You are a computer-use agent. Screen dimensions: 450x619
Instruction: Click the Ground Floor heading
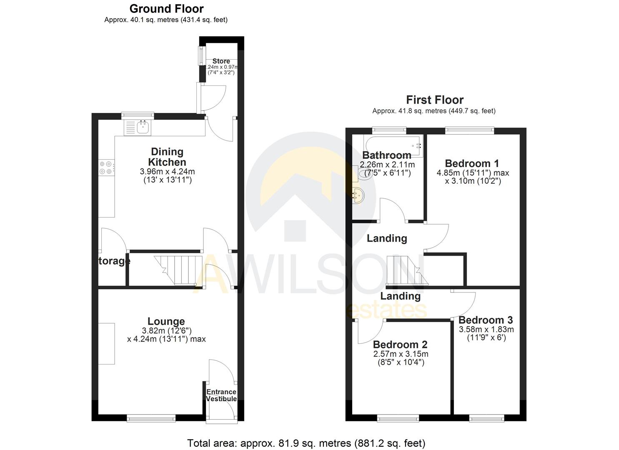point(166,9)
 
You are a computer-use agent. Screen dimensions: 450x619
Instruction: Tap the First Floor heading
point(435,100)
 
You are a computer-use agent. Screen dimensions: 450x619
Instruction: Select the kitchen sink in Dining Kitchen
point(138,127)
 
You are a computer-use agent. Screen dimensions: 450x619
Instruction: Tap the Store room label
point(221,61)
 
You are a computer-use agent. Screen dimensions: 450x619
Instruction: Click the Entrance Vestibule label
point(221,395)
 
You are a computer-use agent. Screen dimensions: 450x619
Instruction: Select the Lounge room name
point(166,321)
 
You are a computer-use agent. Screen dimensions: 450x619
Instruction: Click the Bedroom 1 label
point(472,163)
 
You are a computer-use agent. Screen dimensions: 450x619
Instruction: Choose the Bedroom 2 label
point(400,345)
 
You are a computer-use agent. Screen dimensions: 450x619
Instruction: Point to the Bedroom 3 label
point(486,320)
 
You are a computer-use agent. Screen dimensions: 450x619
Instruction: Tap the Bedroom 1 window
point(469,130)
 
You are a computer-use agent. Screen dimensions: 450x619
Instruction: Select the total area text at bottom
point(306,443)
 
